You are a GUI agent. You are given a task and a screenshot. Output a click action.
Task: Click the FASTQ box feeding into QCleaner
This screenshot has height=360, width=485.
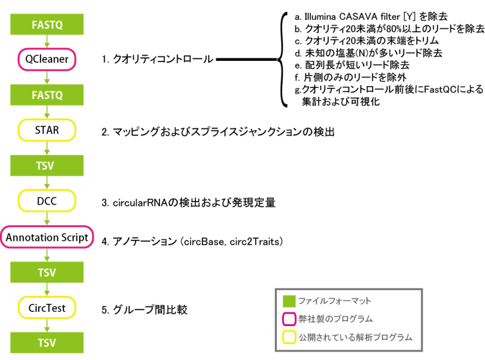click(47, 25)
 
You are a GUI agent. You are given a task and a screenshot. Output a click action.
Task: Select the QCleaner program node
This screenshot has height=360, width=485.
click(47, 59)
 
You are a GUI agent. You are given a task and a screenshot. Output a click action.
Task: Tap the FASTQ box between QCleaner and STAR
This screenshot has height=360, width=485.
click(47, 94)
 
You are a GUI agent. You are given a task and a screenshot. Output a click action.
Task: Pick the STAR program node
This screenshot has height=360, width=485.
click(47, 130)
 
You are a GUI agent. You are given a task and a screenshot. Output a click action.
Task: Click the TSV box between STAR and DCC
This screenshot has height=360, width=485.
click(47, 166)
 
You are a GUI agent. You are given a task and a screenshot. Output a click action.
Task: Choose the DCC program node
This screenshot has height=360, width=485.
click(47, 201)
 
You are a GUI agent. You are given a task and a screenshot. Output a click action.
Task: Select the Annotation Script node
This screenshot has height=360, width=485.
click(47, 237)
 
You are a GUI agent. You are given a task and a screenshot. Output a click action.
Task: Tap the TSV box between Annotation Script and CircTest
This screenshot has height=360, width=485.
click(47, 273)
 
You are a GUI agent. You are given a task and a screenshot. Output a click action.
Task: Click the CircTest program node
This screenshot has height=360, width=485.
click(47, 308)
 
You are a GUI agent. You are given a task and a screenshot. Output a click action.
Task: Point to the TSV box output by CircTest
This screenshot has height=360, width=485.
click(47, 343)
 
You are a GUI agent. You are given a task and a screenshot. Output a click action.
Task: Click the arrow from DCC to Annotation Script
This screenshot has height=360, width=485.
click(47, 219)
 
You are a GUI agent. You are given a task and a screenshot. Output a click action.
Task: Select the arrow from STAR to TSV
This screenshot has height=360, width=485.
click(47, 148)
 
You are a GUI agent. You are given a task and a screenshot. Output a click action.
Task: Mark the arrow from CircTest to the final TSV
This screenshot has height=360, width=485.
click(47, 325)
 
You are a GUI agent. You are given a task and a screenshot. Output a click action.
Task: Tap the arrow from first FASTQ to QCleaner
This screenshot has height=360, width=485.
click(47, 42)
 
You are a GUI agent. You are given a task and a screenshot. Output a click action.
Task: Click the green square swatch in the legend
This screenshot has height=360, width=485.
click(289, 301)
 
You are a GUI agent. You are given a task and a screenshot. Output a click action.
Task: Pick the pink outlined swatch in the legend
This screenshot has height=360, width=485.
click(289, 319)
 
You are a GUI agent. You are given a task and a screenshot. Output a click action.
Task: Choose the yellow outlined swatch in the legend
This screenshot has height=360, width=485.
click(289, 337)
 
